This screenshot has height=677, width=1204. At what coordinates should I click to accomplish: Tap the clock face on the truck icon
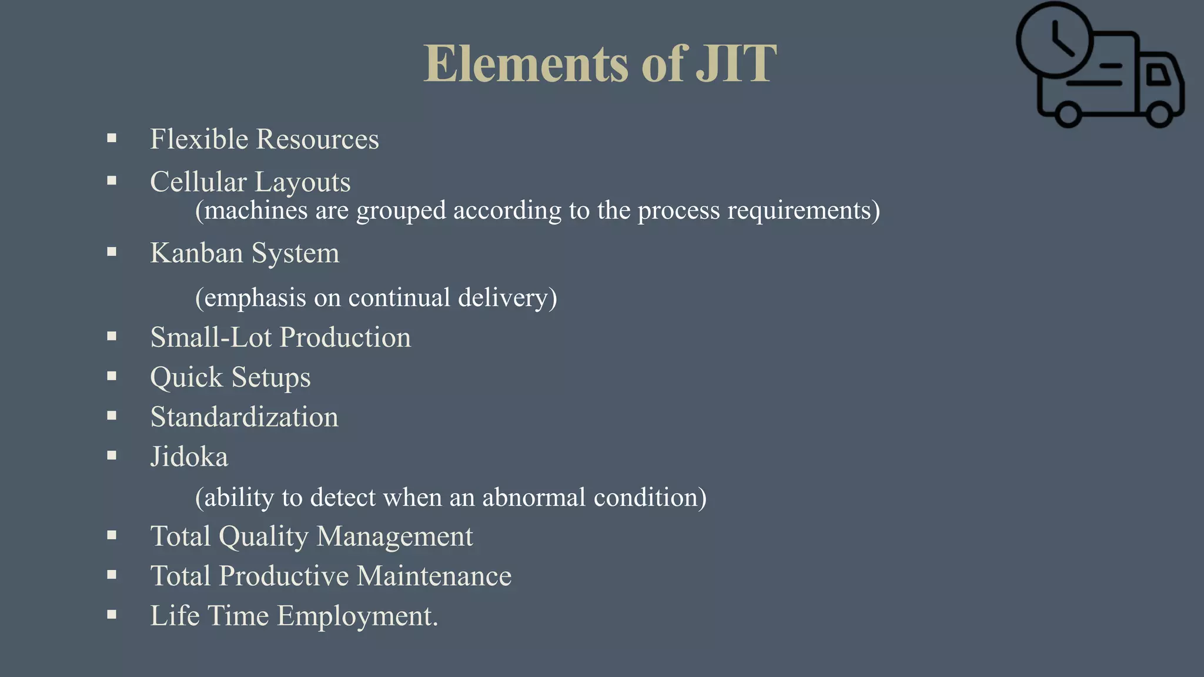coord(1055,40)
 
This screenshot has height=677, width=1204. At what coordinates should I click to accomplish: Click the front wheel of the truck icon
coord(1159,113)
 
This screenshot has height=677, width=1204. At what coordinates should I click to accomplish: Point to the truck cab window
coord(1158,74)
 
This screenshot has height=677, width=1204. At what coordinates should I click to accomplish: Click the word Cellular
coord(198,182)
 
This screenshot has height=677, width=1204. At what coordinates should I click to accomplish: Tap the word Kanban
coord(196,253)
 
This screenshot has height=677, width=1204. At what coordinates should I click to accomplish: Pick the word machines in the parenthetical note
coord(256,210)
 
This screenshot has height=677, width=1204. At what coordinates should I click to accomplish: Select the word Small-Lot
coord(211,337)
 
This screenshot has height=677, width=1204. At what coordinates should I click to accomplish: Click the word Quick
coord(186,377)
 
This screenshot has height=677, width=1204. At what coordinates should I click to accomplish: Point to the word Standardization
coord(245,417)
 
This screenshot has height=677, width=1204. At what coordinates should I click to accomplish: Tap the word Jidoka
coord(189,457)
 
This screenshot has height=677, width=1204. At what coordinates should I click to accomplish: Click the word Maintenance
coord(434,576)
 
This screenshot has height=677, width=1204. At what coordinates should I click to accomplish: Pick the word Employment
coord(357,616)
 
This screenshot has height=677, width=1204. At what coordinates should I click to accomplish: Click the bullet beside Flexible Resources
coord(112,139)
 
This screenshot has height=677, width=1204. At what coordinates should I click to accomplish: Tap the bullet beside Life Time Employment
coord(112,615)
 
